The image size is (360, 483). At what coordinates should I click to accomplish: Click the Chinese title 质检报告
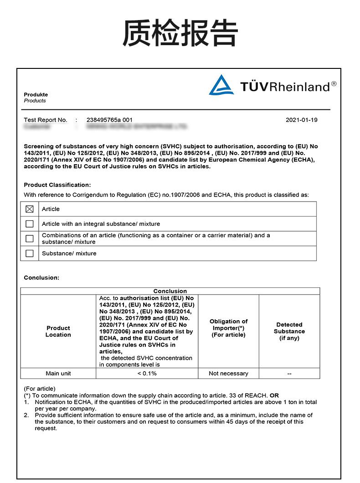(x=180, y=33)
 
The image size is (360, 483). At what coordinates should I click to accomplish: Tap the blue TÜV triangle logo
(x=221, y=85)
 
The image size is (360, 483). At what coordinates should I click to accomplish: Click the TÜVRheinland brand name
(x=288, y=87)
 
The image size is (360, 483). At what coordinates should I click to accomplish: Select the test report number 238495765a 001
(x=109, y=120)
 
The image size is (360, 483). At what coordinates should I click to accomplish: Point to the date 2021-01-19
(x=302, y=120)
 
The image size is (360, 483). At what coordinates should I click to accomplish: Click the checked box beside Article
(x=30, y=209)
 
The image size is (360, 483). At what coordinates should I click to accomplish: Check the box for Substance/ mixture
(x=30, y=253)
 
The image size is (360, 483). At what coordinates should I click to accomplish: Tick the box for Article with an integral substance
(x=30, y=224)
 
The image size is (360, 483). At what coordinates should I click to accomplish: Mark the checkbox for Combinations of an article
(x=30, y=239)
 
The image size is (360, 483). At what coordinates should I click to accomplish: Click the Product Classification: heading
(x=57, y=185)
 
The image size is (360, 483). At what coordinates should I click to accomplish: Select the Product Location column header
(x=58, y=331)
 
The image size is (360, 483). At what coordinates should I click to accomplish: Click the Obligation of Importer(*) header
(x=228, y=328)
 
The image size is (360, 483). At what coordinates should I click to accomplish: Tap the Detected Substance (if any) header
(x=289, y=331)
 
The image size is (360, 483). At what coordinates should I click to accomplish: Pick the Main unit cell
(x=58, y=374)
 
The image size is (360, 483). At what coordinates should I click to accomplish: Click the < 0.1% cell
(x=147, y=374)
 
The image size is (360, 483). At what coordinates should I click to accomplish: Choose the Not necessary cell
(x=228, y=374)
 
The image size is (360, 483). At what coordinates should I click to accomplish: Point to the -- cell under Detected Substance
(x=289, y=374)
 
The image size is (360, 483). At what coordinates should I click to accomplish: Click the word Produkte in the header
(x=36, y=94)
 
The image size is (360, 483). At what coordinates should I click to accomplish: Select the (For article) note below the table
(x=40, y=389)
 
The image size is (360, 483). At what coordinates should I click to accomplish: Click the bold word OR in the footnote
(x=274, y=395)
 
